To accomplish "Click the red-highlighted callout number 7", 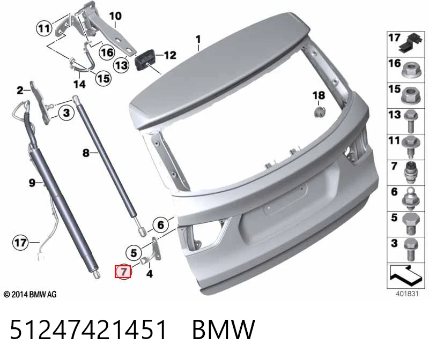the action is (123, 272).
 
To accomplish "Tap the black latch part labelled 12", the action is (145, 61).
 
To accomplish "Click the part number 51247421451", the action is (88, 329).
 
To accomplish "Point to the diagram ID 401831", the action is (407, 294).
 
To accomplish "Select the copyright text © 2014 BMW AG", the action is (30, 295).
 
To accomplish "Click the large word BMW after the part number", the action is (224, 329).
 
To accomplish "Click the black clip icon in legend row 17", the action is (411, 43).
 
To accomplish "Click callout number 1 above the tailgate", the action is (198, 39).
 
